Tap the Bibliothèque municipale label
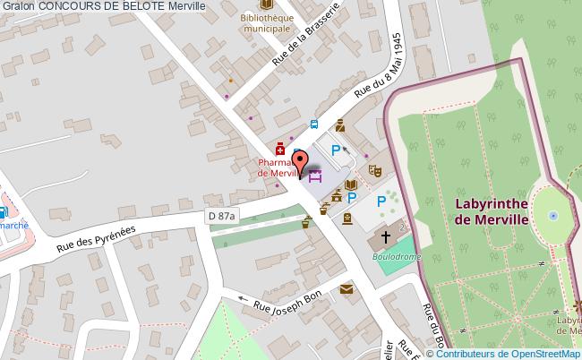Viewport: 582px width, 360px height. (267, 22)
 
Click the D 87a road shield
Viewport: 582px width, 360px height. (221, 216)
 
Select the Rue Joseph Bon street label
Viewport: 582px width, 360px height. (287, 305)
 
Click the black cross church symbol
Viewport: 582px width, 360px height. (387, 237)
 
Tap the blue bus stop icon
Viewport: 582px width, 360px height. (314, 125)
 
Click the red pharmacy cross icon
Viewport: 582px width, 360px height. (280, 149)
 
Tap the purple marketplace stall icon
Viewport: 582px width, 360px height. (314, 175)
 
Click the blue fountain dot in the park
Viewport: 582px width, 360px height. (553, 216)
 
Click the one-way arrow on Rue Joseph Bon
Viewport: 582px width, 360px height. (243, 299)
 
